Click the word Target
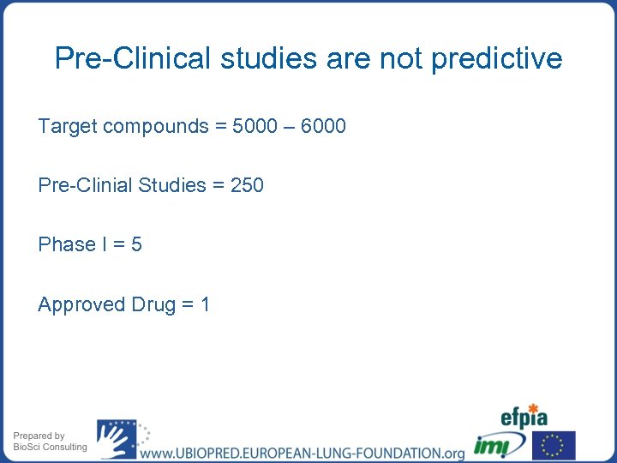[67, 127]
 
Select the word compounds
[155, 127]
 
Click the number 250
[247, 185]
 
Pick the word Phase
[67, 244]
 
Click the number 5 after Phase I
[136, 244]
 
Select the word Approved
[81, 304]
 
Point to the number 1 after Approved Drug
[205, 304]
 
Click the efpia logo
[524, 418]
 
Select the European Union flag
[554, 446]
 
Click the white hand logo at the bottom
[116, 439]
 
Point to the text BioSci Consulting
[50, 447]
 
